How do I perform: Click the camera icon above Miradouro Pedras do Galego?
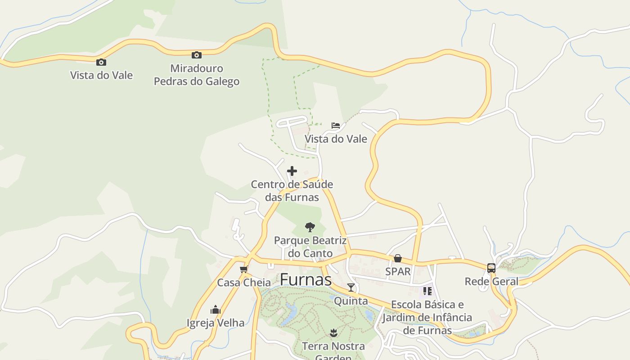pyautogui.click(x=197, y=55)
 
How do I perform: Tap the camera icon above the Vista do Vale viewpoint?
pyautogui.click(x=101, y=62)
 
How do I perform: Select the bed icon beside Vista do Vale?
pyautogui.click(x=336, y=126)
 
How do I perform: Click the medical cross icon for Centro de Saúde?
pyautogui.click(x=292, y=171)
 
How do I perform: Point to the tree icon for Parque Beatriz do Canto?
pyautogui.click(x=310, y=227)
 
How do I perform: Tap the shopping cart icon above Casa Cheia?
pyautogui.click(x=244, y=269)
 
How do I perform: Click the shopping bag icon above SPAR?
pyautogui.click(x=398, y=258)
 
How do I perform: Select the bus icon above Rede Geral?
pyautogui.click(x=491, y=268)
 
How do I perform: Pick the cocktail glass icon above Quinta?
pyautogui.click(x=351, y=288)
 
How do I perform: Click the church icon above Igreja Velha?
pyautogui.click(x=216, y=310)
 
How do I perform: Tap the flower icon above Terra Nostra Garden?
pyautogui.click(x=333, y=333)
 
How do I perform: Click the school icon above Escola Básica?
pyautogui.click(x=427, y=291)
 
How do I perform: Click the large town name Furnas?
pyautogui.click(x=306, y=279)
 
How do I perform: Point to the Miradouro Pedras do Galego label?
pyautogui.click(x=197, y=75)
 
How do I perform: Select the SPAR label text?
pyautogui.click(x=398, y=271)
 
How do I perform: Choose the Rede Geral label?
pyautogui.click(x=491, y=282)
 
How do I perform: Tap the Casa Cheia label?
pyautogui.click(x=244, y=283)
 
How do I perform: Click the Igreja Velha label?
pyautogui.click(x=216, y=323)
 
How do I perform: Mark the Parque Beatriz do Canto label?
pyautogui.click(x=310, y=247)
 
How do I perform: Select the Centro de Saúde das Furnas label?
pyautogui.click(x=292, y=191)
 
